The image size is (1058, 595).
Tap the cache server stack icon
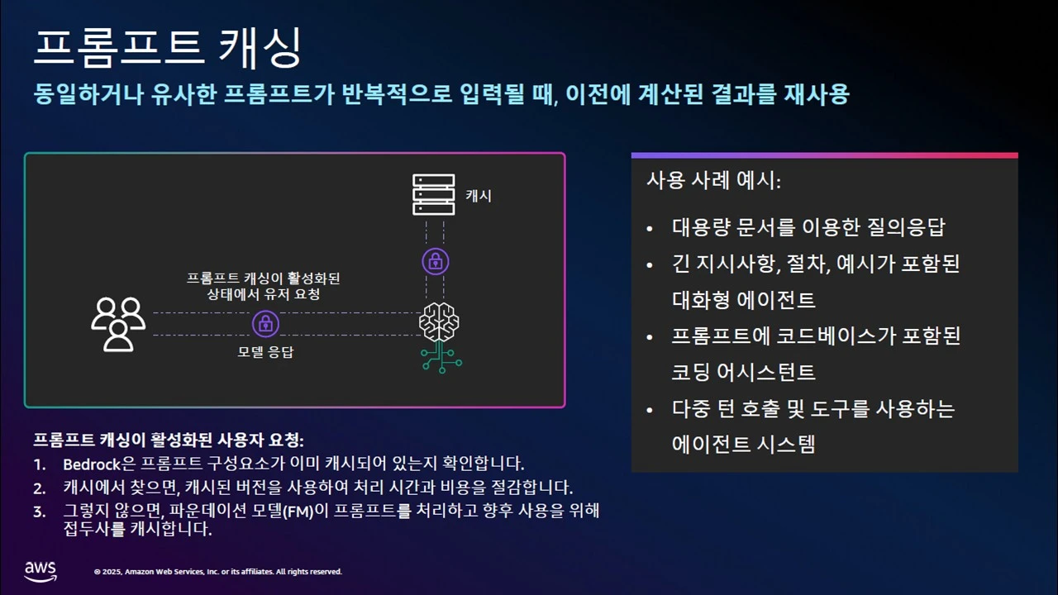coord(434,194)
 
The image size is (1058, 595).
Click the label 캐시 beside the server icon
coord(479,196)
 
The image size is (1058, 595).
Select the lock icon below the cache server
coord(435,262)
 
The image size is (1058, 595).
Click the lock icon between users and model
coord(265,324)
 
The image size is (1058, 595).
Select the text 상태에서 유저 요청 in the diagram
coord(264,294)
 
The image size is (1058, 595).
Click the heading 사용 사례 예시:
coord(713,181)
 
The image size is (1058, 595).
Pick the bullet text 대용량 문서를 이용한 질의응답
coord(808,226)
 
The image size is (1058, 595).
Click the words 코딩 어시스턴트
coord(744,372)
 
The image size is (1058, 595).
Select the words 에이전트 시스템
coord(744,445)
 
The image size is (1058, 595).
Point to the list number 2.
coord(39,488)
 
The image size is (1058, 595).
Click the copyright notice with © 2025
coord(218,572)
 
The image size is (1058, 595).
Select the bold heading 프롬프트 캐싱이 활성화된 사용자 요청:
coord(169,440)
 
